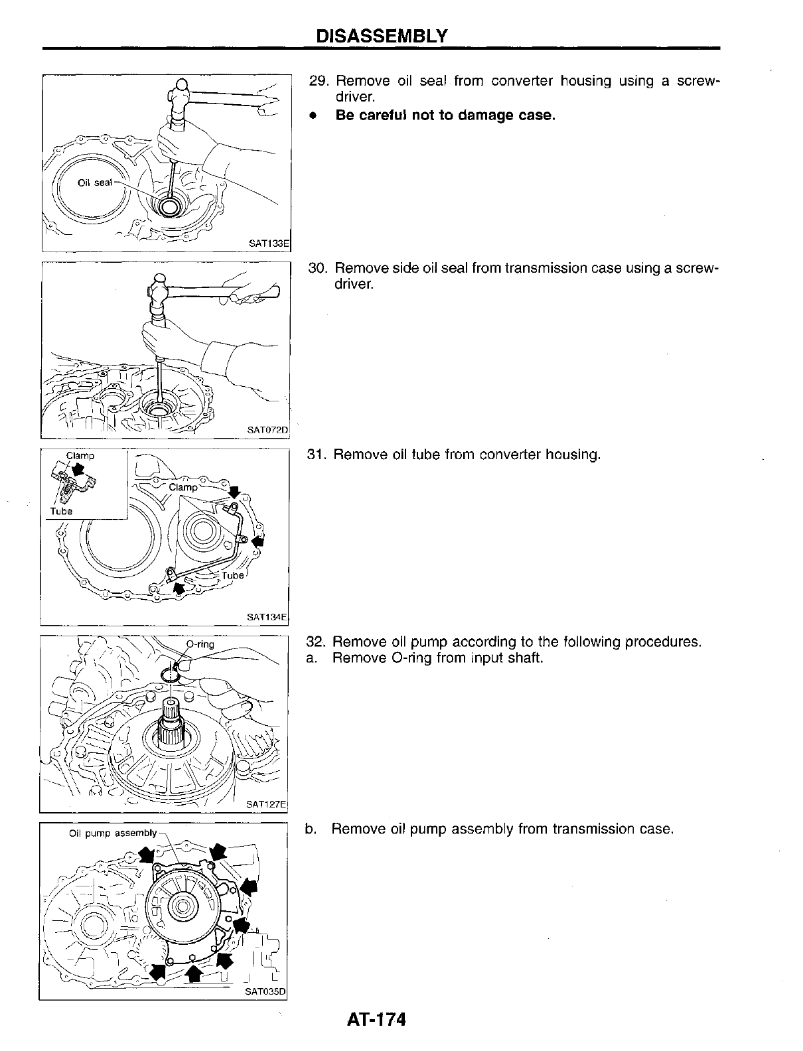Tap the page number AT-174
click(375, 1019)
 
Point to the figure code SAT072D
click(268, 431)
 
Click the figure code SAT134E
click(267, 617)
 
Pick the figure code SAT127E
click(266, 805)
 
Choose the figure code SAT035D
click(265, 993)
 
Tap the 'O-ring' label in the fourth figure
click(200, 644)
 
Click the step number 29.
click(319, 82)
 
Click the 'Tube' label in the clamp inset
click(61, 511)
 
